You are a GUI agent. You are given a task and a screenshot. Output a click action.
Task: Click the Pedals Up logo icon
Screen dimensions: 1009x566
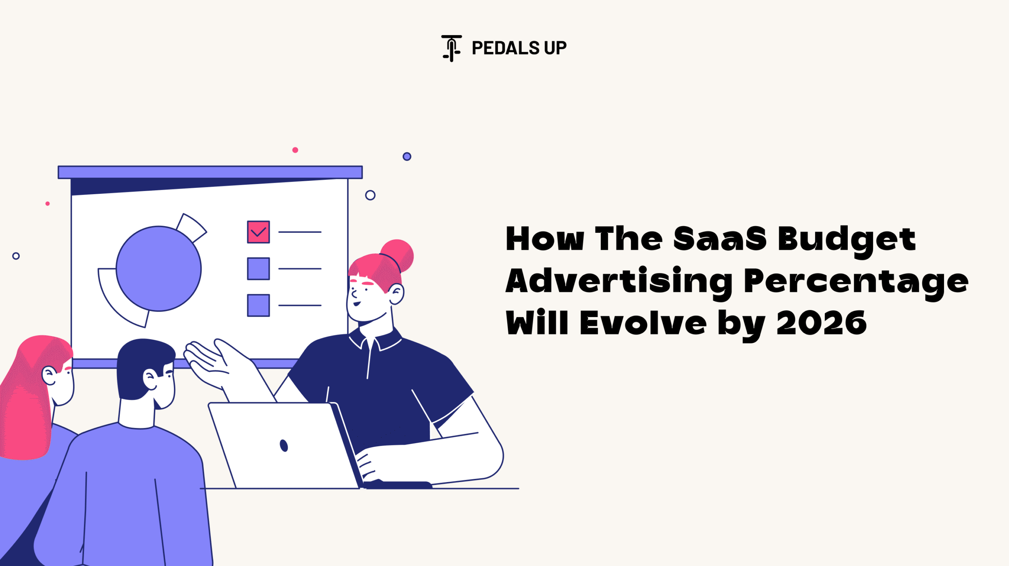pos(451,48)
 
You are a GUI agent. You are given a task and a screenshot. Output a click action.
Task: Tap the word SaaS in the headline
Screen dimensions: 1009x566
pos(720,239)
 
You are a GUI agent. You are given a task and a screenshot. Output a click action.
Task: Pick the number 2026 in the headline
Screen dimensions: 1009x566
pos(821,323)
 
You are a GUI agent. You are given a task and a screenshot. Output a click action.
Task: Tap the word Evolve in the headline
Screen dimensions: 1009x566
pos(643,322)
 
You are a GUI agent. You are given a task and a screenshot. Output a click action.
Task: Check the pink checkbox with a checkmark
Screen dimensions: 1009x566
pos(259,232)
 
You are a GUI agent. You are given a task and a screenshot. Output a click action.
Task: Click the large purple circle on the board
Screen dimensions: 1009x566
pos(159,269)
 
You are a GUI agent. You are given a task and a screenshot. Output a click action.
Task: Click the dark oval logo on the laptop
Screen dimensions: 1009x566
pos(284,445)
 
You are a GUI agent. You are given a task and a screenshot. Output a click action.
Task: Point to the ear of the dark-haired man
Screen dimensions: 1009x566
pos(150,380)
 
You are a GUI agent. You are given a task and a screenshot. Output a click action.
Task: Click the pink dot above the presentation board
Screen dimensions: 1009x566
pos(295,150)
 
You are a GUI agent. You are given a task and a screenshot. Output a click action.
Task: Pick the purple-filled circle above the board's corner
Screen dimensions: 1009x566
pos(407,157)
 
